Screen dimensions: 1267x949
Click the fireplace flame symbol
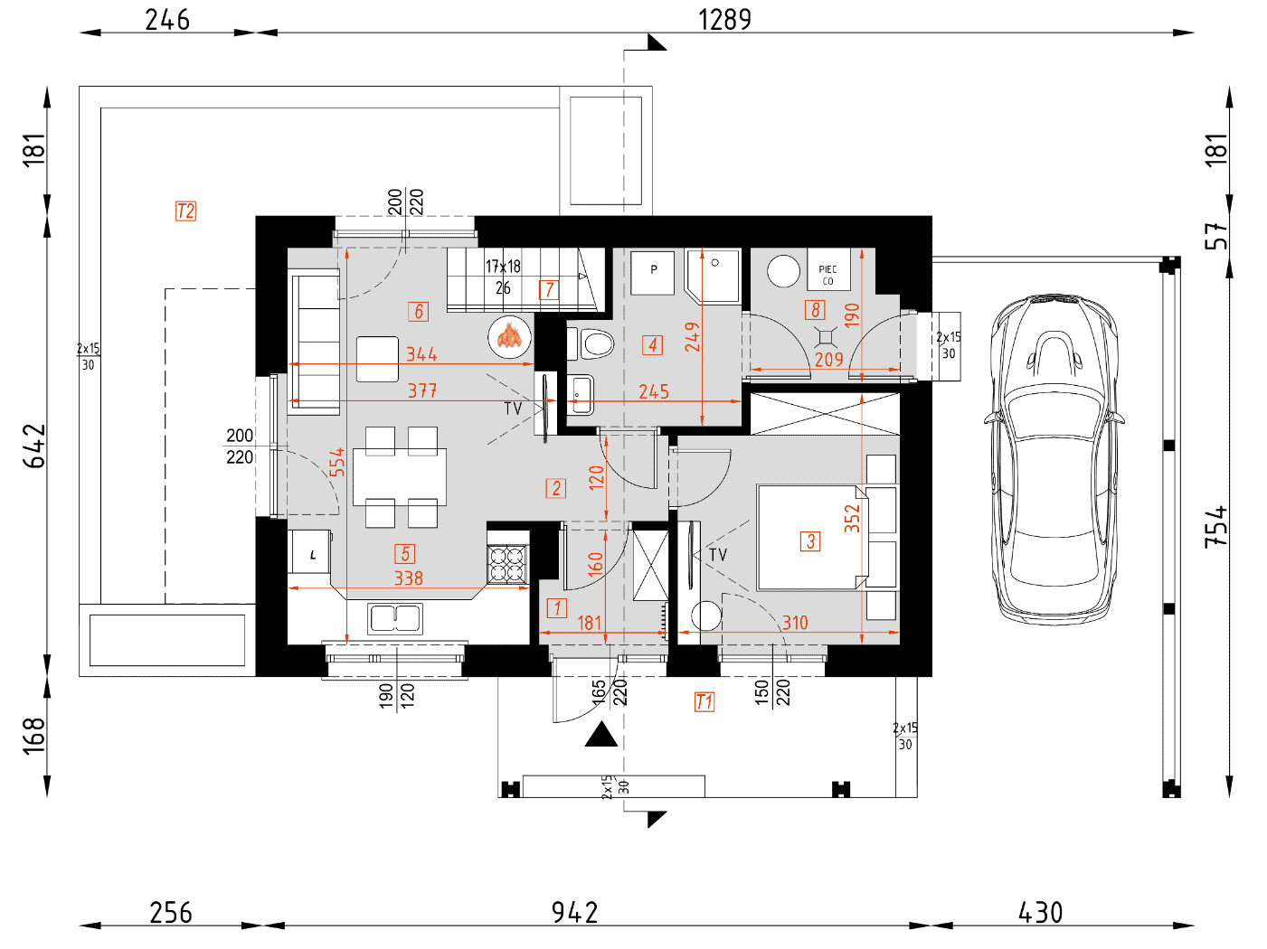point(510,335)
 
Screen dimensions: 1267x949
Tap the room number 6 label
point(418,312)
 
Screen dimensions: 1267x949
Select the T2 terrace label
point(185,211)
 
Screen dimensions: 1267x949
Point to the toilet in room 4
point(591,343)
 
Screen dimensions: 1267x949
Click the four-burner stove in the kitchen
point(507,564)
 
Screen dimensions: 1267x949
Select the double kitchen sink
point(395,618)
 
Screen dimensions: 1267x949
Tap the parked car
point(1054,460)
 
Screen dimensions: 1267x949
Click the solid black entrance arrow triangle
point(601,734)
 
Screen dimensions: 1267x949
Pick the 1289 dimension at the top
point(724,20)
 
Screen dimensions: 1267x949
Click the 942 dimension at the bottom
point(574,913)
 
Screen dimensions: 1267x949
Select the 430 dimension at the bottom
point(1040,913)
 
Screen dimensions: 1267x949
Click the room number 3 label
point(809,541)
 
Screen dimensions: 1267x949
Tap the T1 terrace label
point(704,702)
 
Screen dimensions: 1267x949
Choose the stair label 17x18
point(503,267)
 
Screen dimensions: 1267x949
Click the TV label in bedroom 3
point(717,555)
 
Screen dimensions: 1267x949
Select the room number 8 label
point(815,310)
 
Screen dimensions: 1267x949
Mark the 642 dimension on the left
point(34,446)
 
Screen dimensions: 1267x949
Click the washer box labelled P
point(653,273)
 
